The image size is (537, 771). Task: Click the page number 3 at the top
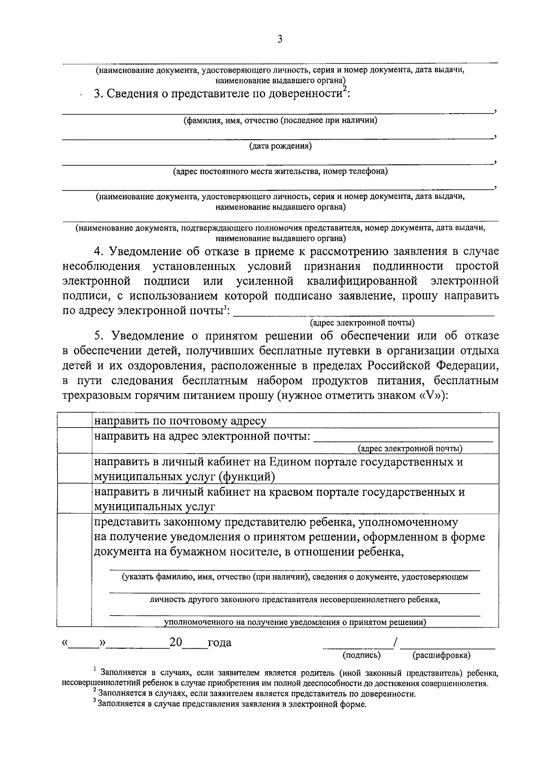point(280,39)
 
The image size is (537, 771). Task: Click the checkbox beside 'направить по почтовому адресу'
point(75,420)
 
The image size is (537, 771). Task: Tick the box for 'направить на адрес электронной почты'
point(75,440)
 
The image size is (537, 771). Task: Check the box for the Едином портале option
point(75,468)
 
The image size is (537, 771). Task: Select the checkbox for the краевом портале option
point(75,499)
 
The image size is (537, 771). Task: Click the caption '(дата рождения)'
point(280,146)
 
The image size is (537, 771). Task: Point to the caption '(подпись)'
point(361,655)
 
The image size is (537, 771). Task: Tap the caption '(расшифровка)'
point(441,655)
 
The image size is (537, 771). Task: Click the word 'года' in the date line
point(219,643)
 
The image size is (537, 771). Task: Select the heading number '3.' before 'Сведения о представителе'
point(98,94)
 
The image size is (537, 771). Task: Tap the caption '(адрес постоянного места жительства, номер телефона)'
point(280,171)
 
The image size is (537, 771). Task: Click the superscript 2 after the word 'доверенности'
point(345,90)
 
